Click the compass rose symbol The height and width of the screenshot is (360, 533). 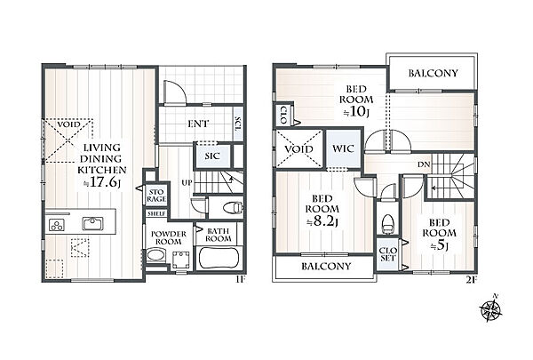pos(491,308)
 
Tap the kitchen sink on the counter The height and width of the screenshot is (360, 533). pos(92,223)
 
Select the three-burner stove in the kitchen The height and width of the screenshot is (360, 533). pos(57,225)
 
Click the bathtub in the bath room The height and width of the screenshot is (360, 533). pos(219,259)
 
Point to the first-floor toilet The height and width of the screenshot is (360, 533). pos(234,207)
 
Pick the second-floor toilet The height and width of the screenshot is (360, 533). pos(387,224)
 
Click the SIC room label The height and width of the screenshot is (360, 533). pos(212,156)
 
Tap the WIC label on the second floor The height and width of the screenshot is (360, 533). pos(343,148)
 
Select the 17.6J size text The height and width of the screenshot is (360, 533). pos(102,182)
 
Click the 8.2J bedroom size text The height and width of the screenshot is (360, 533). pos(322,221)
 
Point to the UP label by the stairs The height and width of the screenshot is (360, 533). pos(187,183)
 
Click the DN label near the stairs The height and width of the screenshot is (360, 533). pos(424,164)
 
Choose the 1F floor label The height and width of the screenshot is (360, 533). pos(241,279)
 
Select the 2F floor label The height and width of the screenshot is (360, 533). pos(471,280)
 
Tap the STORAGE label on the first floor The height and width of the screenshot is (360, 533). pos(156,196)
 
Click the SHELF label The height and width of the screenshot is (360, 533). pos(156,213)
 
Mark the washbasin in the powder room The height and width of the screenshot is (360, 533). pos(156,255)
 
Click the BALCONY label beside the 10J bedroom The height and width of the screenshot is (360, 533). pos(433,73)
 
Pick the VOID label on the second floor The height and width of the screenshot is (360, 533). pos(298,149)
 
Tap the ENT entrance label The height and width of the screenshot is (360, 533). pos(198,124)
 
